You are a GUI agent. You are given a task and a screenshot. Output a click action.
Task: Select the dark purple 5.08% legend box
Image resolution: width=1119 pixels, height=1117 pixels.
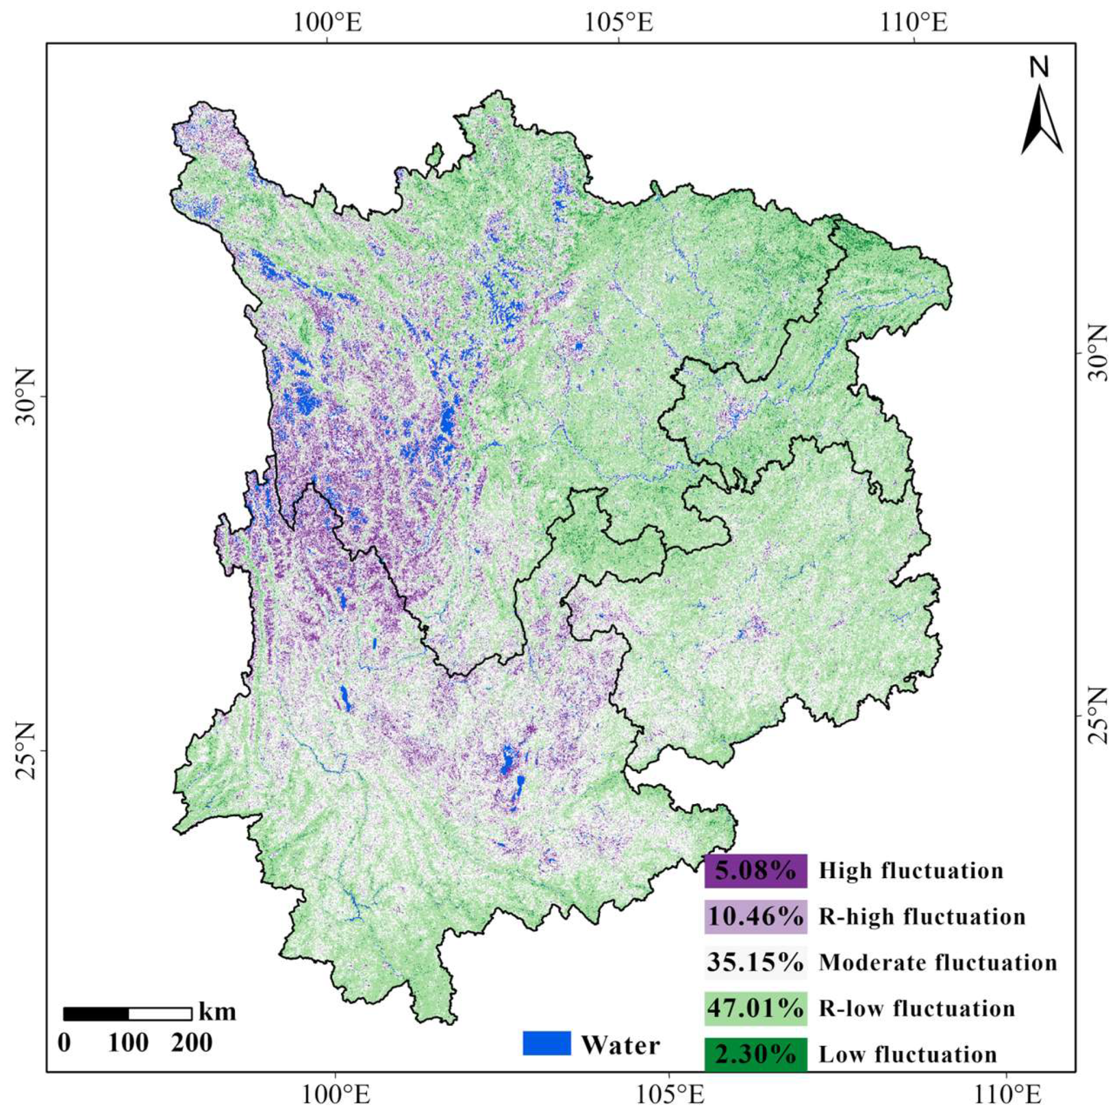tap(755, 870)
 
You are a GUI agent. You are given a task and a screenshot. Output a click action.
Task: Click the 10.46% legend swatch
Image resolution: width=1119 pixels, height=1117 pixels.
tap(755, 917)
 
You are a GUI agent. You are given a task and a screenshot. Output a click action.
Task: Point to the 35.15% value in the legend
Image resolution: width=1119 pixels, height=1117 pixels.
tap(755, 962)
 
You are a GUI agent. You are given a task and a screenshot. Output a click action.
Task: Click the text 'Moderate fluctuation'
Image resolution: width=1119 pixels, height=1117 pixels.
tap(938, 962)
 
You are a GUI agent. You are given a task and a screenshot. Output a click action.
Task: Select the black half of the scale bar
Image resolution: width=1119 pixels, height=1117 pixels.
tap(96, 1014)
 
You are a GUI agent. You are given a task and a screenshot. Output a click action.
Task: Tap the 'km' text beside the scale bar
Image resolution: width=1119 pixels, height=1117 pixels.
tap(217, 1012)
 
